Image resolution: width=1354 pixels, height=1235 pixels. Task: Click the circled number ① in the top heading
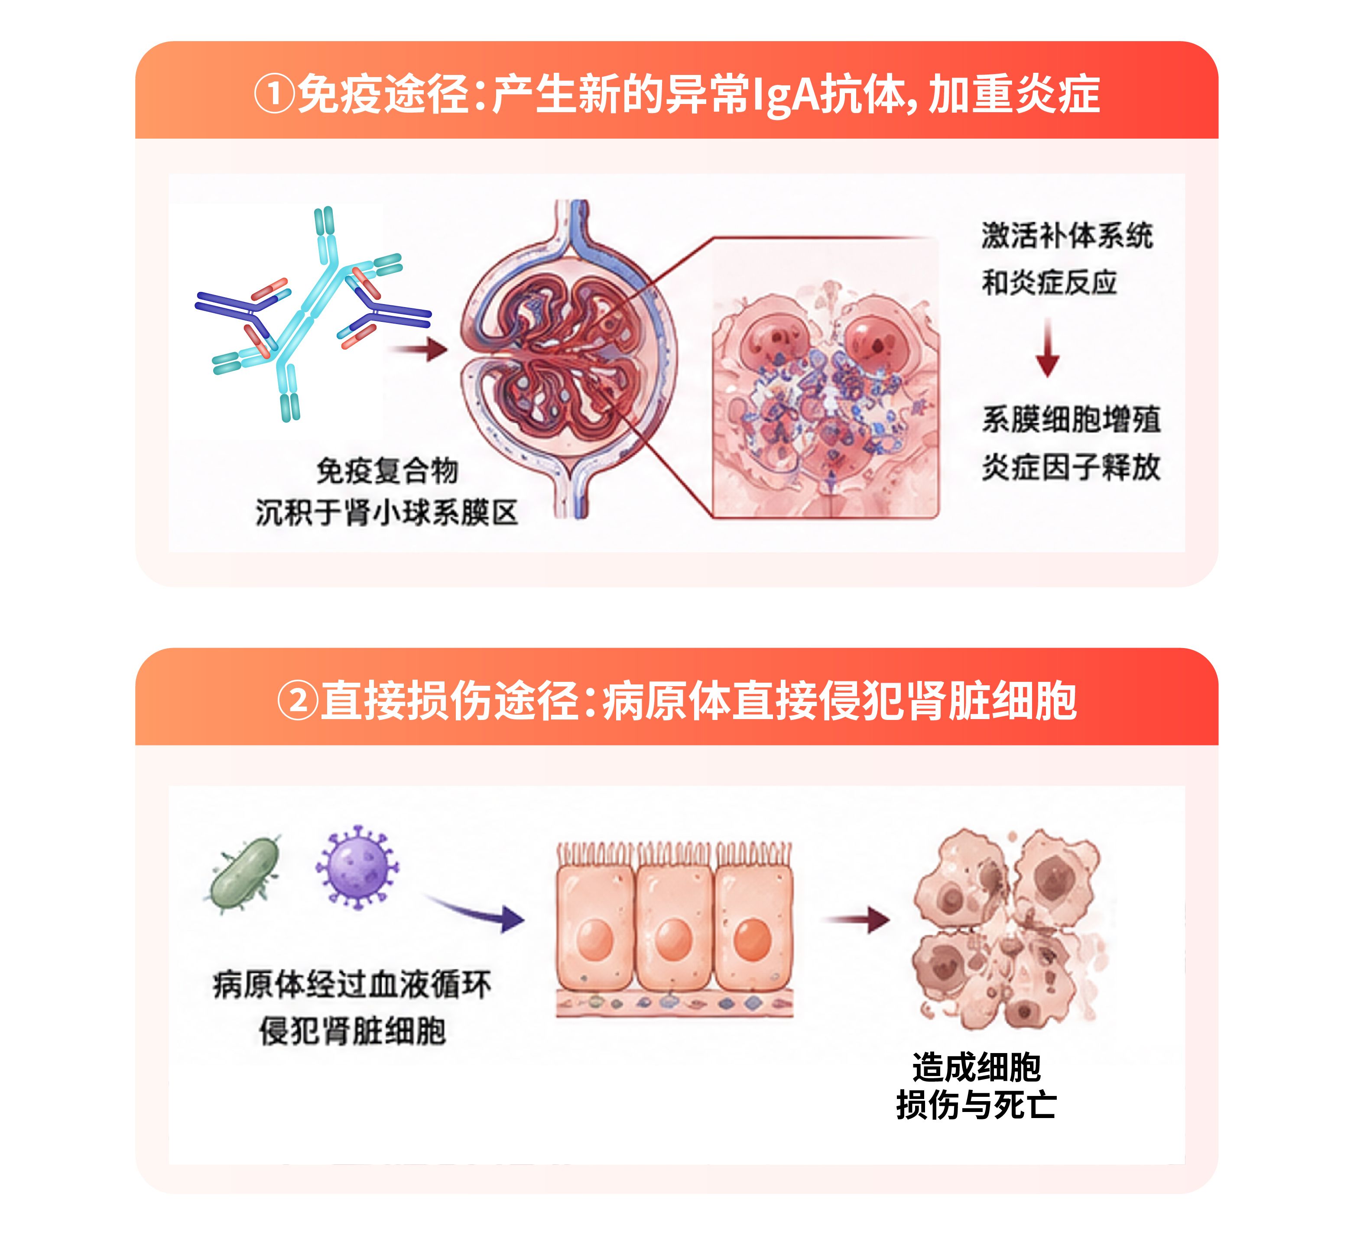coord(274,94)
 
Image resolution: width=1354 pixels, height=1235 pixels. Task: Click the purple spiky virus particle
coord(357,867)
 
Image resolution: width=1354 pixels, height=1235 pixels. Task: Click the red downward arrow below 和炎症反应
coord(1047,348)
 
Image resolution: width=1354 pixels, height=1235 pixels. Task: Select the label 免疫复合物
coord(387,471)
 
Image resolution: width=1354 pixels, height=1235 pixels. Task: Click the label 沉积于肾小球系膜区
coord(387,513)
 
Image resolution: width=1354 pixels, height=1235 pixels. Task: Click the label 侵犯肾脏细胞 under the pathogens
coord(353,1031)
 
